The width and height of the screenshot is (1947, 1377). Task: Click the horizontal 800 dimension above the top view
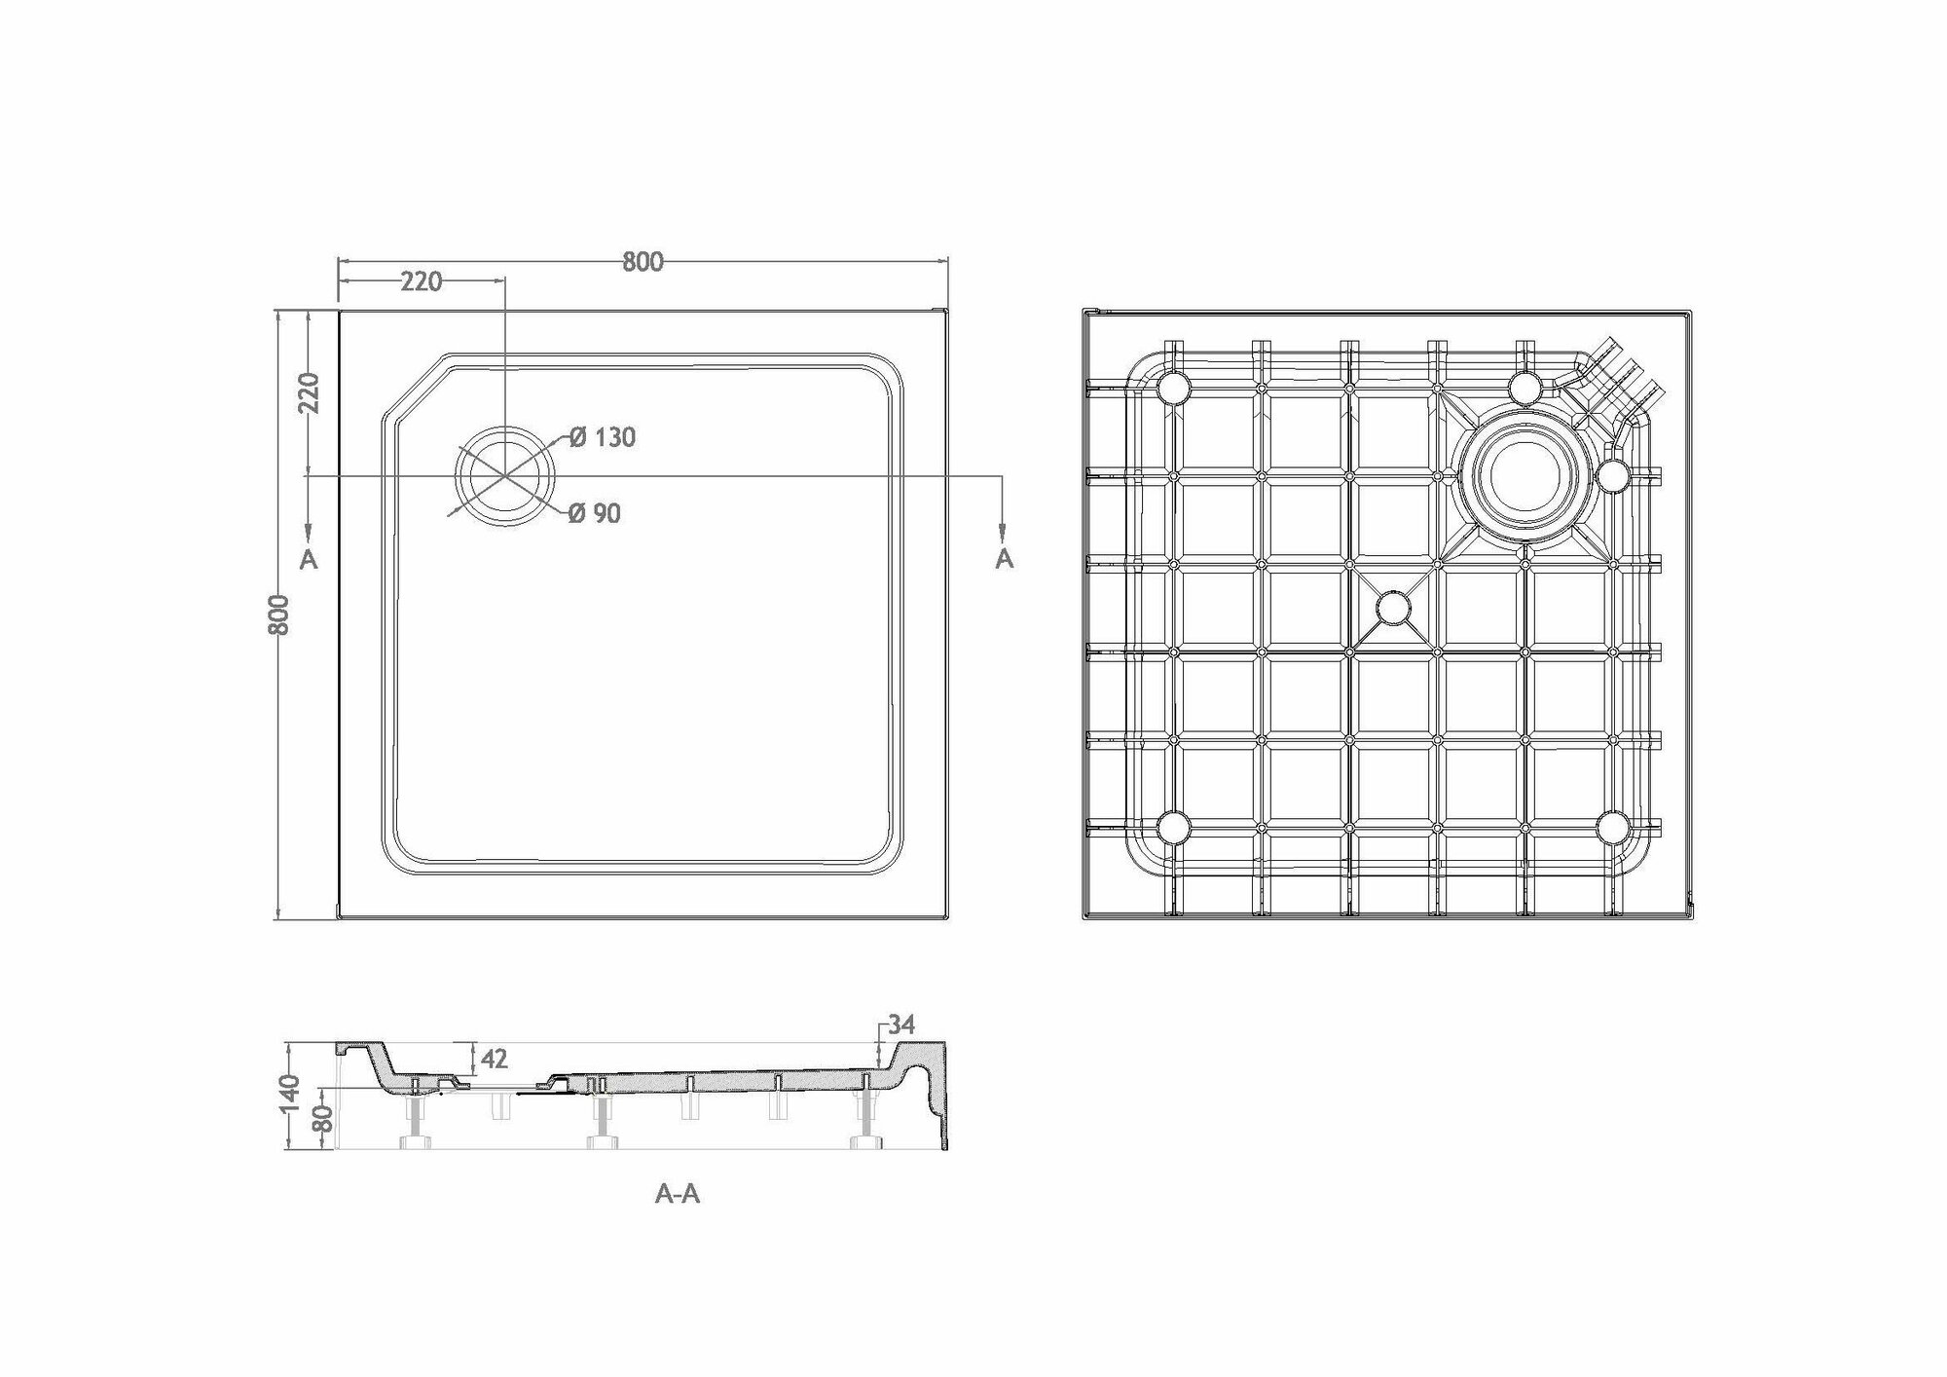click(x=643, y=262)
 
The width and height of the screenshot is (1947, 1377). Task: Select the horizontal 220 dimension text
click(x=421, y=282)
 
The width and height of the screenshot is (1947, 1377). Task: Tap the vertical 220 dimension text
click(x=309, y=392)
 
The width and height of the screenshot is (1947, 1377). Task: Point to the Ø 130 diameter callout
click(x=602, y=438)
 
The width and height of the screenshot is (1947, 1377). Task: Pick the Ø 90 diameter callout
click(x=594, y=513)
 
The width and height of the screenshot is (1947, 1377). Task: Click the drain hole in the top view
click(x=506, y=476)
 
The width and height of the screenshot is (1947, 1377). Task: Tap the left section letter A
click(x=309, y=559)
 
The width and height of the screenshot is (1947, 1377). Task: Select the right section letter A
click(x=1005, y=559)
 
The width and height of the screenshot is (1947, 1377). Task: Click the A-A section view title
click(x=678, y=1195)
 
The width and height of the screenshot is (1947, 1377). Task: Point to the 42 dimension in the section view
click(x=495, y=1059)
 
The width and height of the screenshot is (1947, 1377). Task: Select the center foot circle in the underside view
click(x=1393, y=608)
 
